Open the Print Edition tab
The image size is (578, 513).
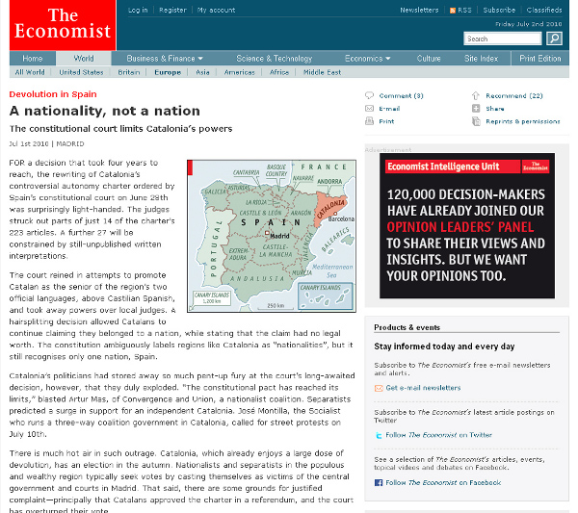[x=539, y=59]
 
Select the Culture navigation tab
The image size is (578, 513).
[x=429, y=59]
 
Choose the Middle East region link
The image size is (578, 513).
[x=321, y=72]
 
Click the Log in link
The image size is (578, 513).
[x=138, y=10]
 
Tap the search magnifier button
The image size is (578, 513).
[x=554, y=38]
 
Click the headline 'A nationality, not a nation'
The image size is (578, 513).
[x=105, y=111]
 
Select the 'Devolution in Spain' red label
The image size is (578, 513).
[x=53, y=94]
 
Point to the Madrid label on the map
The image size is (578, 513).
[x=281, y=235]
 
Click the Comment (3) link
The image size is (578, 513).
[x=401, y=95]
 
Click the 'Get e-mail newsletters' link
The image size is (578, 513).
[x=423, y=388]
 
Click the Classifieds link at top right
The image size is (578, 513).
[x=545, y=10]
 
